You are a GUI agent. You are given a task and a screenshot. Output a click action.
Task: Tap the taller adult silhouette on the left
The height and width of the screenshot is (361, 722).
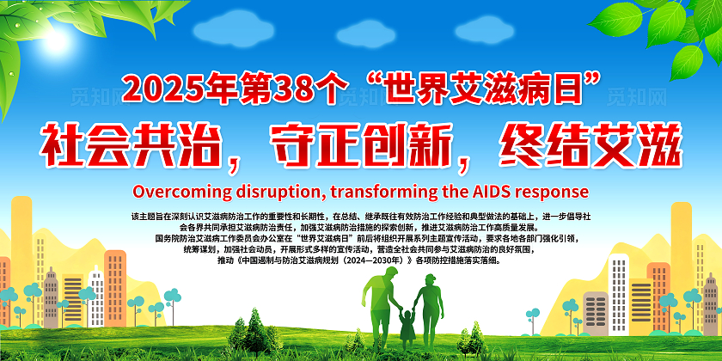(380, 297)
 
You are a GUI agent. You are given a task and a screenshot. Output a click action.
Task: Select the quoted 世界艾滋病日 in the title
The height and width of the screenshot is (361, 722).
(483, 89)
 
